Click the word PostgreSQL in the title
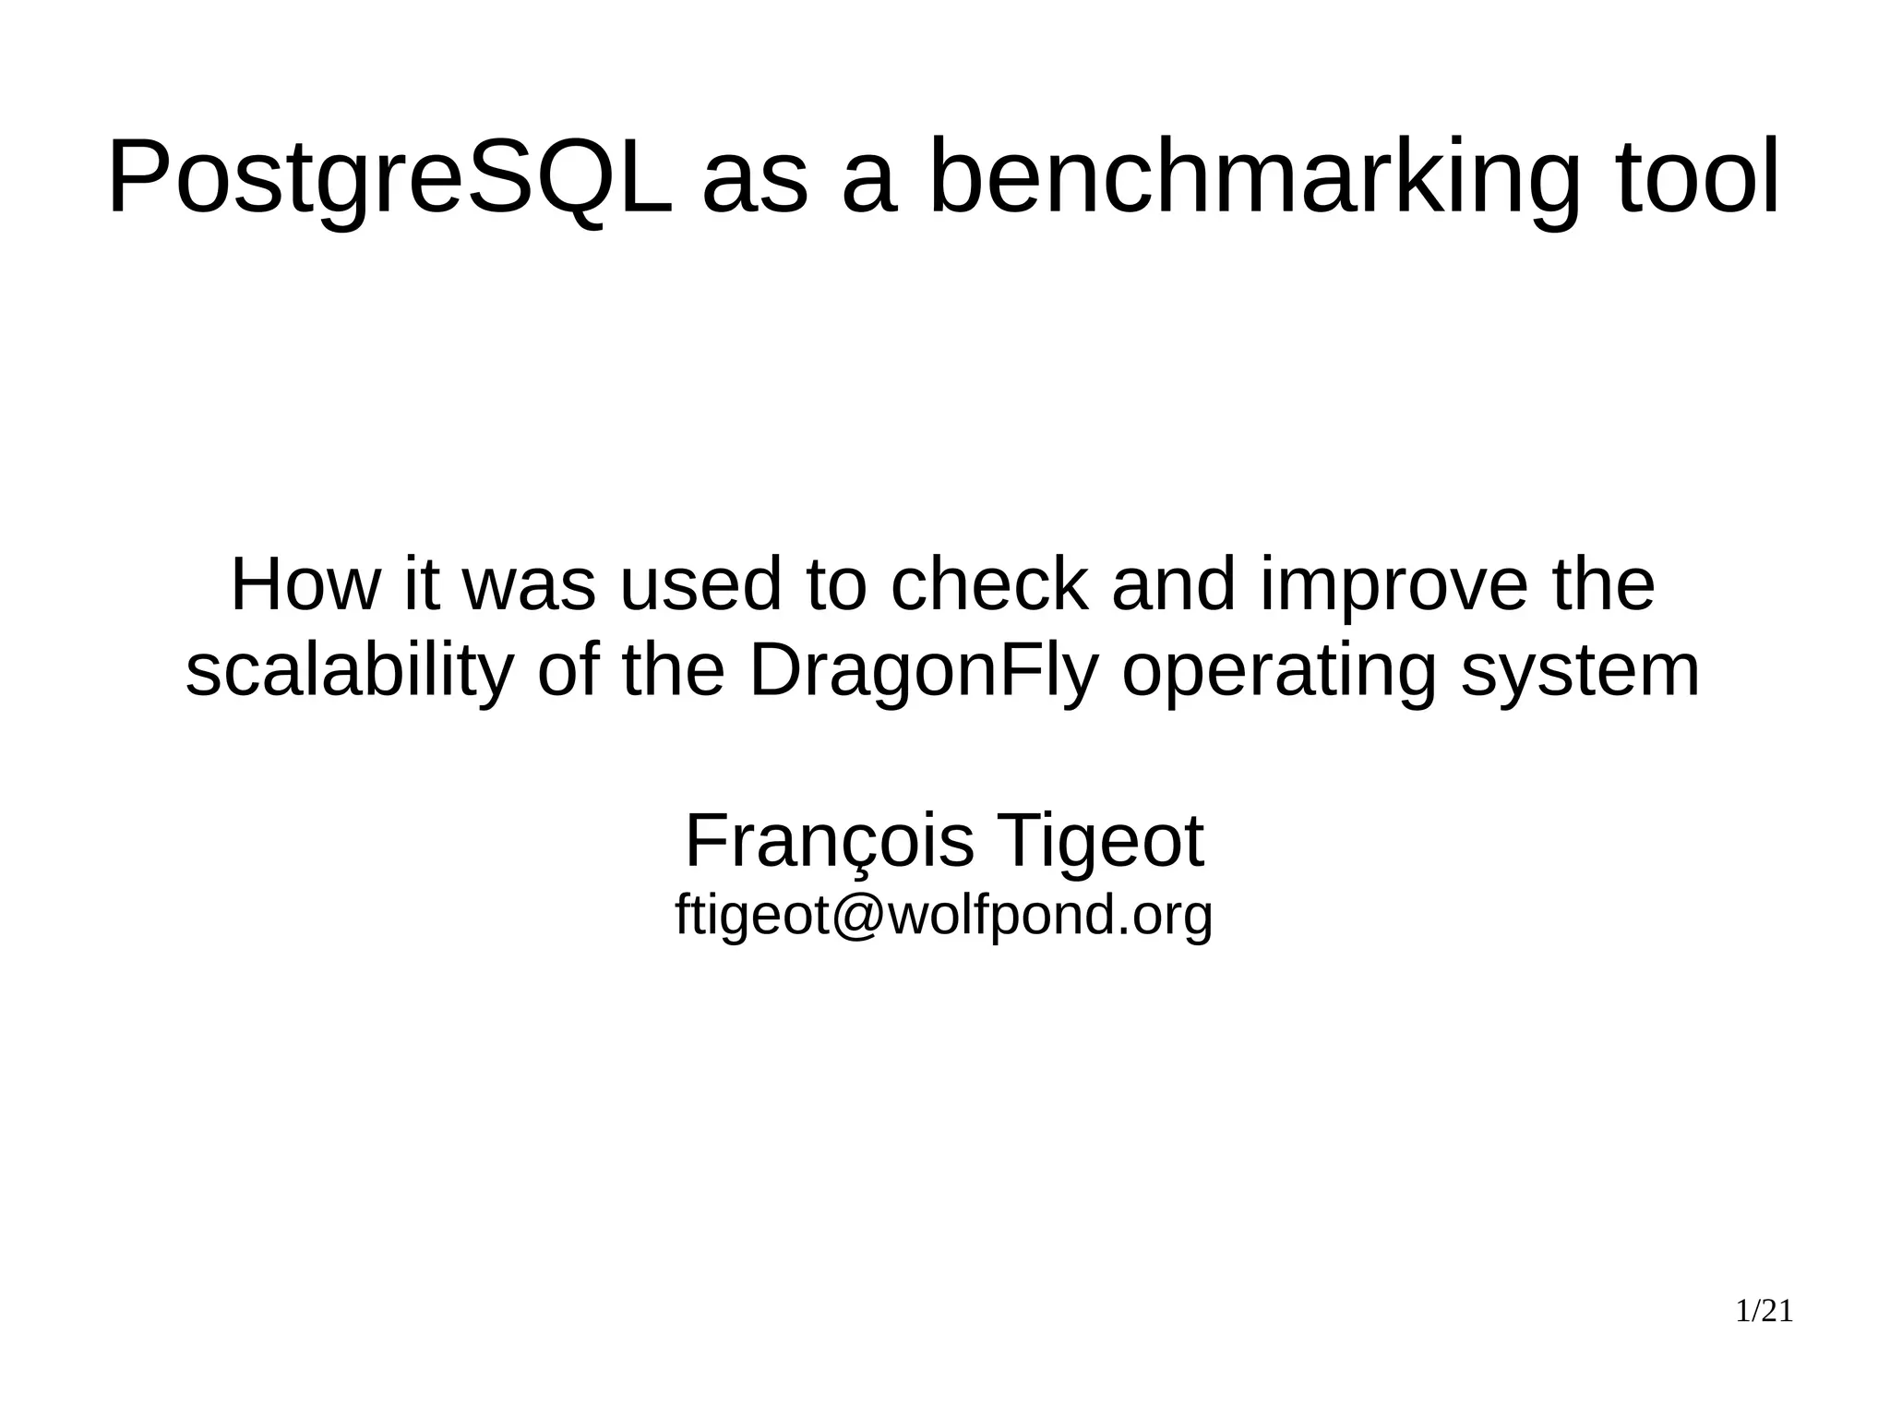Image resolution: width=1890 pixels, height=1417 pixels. (x=390, y=177)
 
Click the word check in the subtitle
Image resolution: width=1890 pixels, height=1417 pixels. (x=988, y=584)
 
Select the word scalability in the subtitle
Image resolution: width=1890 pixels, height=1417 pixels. (x=348, y=672)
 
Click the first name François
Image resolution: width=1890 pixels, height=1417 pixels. (x=829, y=842)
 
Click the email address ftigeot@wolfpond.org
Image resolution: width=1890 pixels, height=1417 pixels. (x=944, y=916)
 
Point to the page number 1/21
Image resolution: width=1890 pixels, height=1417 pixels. (x=1764, y=1312)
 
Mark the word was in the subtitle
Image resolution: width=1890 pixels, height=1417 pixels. (x=528, y=586)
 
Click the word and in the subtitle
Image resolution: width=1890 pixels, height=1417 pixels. (x=1173, y=584)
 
